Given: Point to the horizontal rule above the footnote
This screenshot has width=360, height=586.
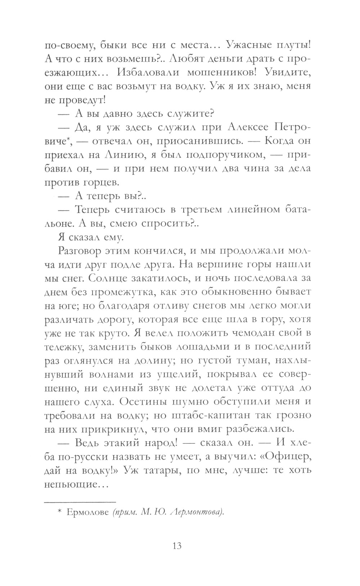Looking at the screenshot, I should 80,501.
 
